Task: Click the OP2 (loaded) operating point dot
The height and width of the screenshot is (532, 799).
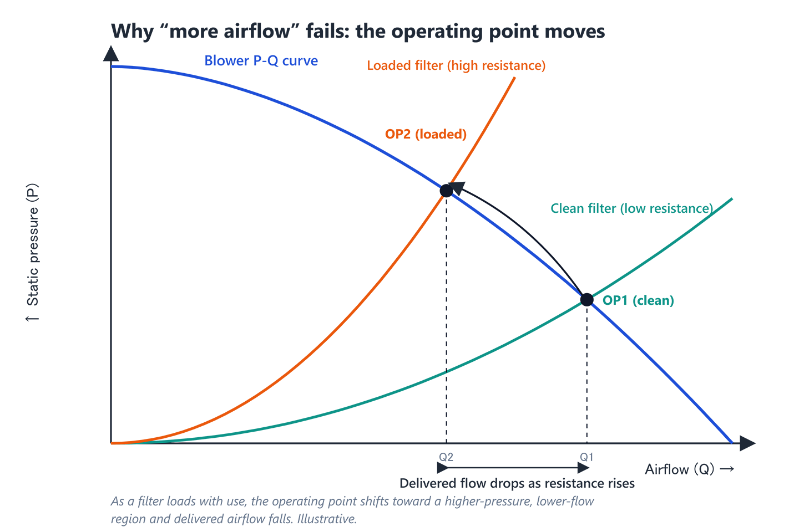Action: [446, 191]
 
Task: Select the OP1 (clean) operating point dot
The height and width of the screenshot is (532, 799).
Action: [587, 300]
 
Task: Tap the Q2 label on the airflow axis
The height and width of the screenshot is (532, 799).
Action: [446, 457]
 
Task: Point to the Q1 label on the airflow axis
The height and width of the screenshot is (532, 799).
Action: [586, 457]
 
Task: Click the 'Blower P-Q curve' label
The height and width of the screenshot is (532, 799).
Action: [261, 60]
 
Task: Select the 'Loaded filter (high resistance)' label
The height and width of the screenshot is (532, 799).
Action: [456, 65]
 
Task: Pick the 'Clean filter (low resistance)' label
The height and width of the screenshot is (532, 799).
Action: [631, 208]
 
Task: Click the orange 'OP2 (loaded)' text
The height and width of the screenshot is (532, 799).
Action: [426, 134]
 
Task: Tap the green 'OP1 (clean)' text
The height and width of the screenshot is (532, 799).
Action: [638, 300]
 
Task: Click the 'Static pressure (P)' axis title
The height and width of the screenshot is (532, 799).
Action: [32, 244]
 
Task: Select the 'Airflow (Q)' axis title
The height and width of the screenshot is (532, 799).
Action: [680, 469]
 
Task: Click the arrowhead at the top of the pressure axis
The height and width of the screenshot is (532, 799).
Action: [111, 53]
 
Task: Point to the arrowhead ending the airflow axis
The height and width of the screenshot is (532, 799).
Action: [747, 443]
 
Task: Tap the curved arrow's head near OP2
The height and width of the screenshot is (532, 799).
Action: [457, 187]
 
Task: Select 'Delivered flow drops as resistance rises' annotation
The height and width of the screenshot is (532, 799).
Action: [517, 483]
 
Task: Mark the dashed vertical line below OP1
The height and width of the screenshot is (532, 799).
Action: [587, 375]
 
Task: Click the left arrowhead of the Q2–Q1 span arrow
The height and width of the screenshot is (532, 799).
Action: [443, 468]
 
